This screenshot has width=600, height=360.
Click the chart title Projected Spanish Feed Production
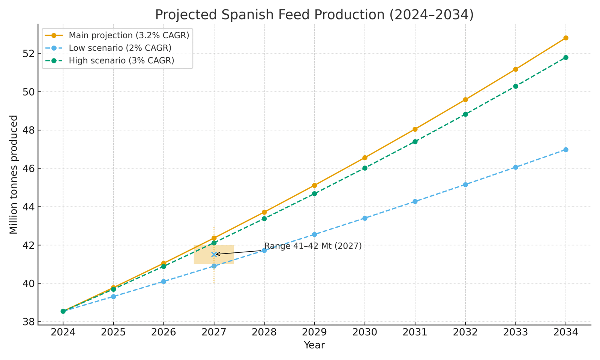[x=314, y=15]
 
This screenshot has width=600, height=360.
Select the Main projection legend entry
[x=129, y=35]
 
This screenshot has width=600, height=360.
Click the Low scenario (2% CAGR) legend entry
[x=120, y=48]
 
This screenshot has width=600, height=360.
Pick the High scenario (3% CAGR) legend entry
[x=121, y=61]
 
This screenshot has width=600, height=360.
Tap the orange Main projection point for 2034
[x=565, y=38]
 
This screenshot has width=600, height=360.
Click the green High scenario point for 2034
[x=565, y=57]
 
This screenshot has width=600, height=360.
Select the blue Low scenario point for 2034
[x=565, y=150]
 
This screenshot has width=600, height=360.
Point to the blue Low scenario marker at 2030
[x=364, y=218]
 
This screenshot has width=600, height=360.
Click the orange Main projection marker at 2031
[x=415, y=129]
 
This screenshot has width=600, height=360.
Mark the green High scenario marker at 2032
[x=465, y=114]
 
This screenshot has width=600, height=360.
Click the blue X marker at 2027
[x=214, y=254]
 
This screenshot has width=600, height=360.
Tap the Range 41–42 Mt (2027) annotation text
[x=313, y=246]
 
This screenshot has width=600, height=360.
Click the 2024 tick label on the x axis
[x=63, y=332]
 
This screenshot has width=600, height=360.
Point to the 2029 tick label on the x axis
[x=314, y=332]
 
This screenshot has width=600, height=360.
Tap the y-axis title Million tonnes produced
[x=13, y=174]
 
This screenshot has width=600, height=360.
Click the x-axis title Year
[x=314, y=345]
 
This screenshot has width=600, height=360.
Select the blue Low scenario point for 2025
[x=113, y=297]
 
